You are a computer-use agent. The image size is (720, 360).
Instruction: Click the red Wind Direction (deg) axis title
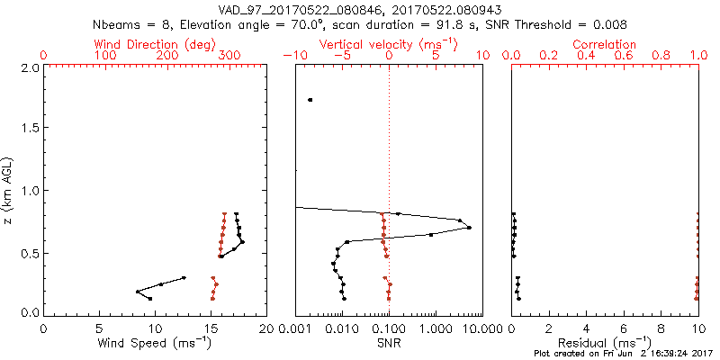tap(154, 45)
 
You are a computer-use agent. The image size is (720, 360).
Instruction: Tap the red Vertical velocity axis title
tap(389, 45)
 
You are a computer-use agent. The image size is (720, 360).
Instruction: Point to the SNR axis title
tap(389, 343)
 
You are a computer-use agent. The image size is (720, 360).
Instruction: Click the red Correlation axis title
tap(604, 44)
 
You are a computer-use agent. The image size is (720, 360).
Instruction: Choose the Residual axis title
tap(605, 343)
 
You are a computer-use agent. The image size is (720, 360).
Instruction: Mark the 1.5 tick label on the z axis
tap(31, 127)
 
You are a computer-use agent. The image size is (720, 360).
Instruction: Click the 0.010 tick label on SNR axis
tap(342, 328)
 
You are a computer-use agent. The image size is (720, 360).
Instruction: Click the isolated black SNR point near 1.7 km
tap(310, 100)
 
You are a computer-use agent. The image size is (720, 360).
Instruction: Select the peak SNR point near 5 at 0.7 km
tap(469, 228)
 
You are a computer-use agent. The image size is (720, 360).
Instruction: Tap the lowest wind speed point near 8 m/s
tap(138, 292)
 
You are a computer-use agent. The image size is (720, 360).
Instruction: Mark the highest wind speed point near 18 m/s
tap(242, 242)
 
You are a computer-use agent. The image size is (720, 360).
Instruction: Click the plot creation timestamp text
tap(622, 354)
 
